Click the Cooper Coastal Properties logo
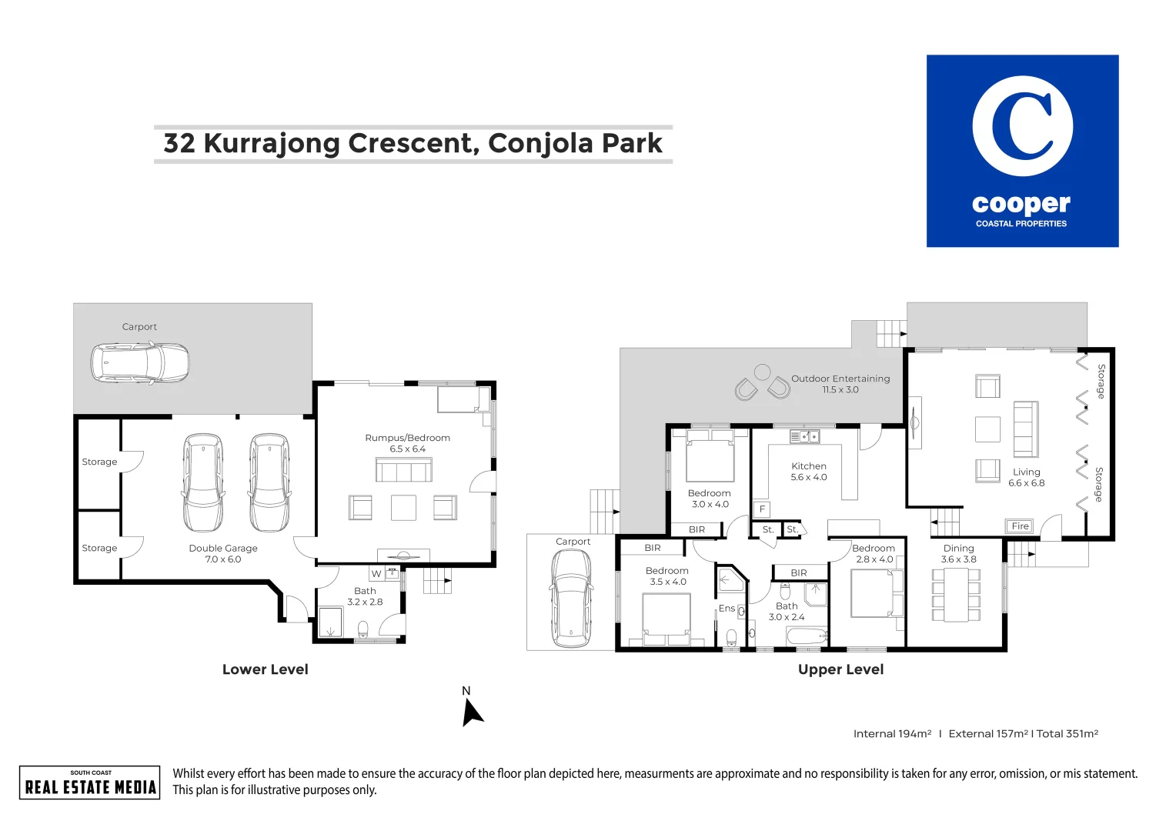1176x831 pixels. (x=1022, y=151)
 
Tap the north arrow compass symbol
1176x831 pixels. (x=471, y=713)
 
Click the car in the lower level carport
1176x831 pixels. (x=139, y=362)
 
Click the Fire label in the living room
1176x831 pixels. (x=1020, y=526)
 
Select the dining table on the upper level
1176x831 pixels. (x=956, y=595)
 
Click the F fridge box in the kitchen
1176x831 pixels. (x=762, y=509)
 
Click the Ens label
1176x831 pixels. (x=727, y=608)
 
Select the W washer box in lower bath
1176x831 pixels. (x=376, y=574)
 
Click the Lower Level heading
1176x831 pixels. (x=265, y=669)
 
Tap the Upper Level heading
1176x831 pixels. (x=840, y=669)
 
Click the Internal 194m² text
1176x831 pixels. (x=892, y=734)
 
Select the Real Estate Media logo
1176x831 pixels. (x=90, y=783)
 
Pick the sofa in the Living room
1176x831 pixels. (x=1025, y=429)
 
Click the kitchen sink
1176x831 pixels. (x=804, y=437)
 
